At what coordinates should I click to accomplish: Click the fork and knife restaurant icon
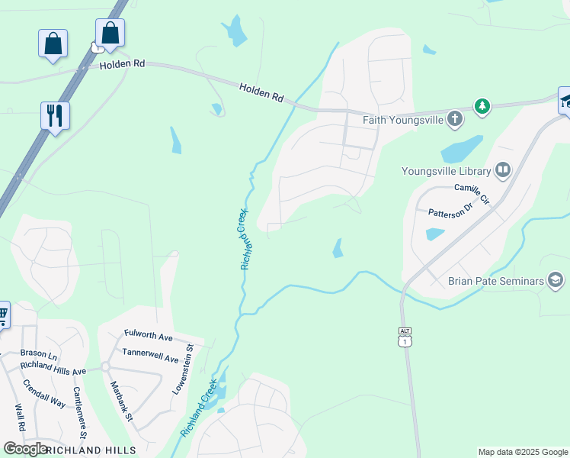point(55,115)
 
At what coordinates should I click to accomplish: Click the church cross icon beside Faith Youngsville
point(454,118)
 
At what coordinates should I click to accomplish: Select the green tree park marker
point(482,106)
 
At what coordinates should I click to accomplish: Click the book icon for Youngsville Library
point(502,170)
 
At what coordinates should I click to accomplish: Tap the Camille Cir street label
point(475,188)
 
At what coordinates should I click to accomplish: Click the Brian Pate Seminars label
point(495,281)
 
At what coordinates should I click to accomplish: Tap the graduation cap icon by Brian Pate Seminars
point(556,281)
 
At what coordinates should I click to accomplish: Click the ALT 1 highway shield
point(405,336)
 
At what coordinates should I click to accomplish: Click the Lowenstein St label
point(184,369)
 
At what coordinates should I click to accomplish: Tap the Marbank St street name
point(122,402)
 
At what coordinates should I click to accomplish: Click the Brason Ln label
point(40,354)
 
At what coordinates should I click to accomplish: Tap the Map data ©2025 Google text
point(523,452)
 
